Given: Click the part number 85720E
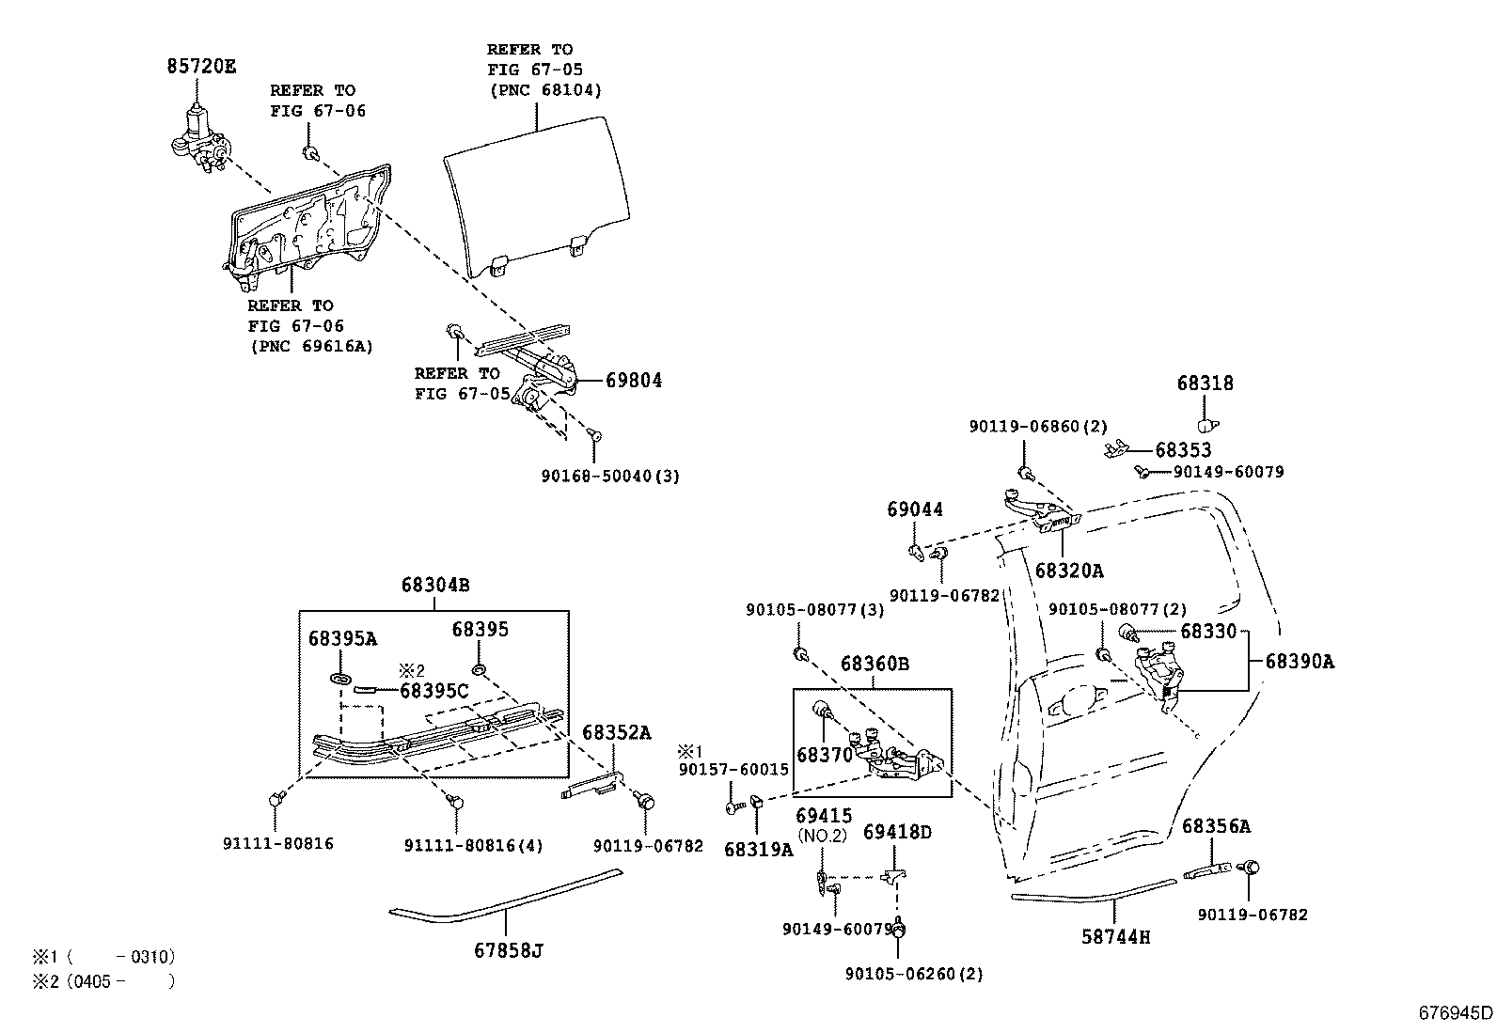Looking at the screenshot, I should click(201, 67).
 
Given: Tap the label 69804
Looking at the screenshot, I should click(633, 381).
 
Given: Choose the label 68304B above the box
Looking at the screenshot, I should click(434, 585).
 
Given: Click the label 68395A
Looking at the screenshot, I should click(342, 639).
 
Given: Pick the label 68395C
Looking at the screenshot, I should click(433, 691).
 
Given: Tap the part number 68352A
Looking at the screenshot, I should click(616, 732).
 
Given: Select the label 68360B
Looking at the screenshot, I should click(875, 665).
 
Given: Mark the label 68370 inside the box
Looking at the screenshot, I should click(824, 754).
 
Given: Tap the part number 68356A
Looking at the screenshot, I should click(1216, 826).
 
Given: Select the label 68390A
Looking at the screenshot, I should click(1299, 662).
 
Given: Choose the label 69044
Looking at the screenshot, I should click(914, 509).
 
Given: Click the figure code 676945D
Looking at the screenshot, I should click(1455, 1012).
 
